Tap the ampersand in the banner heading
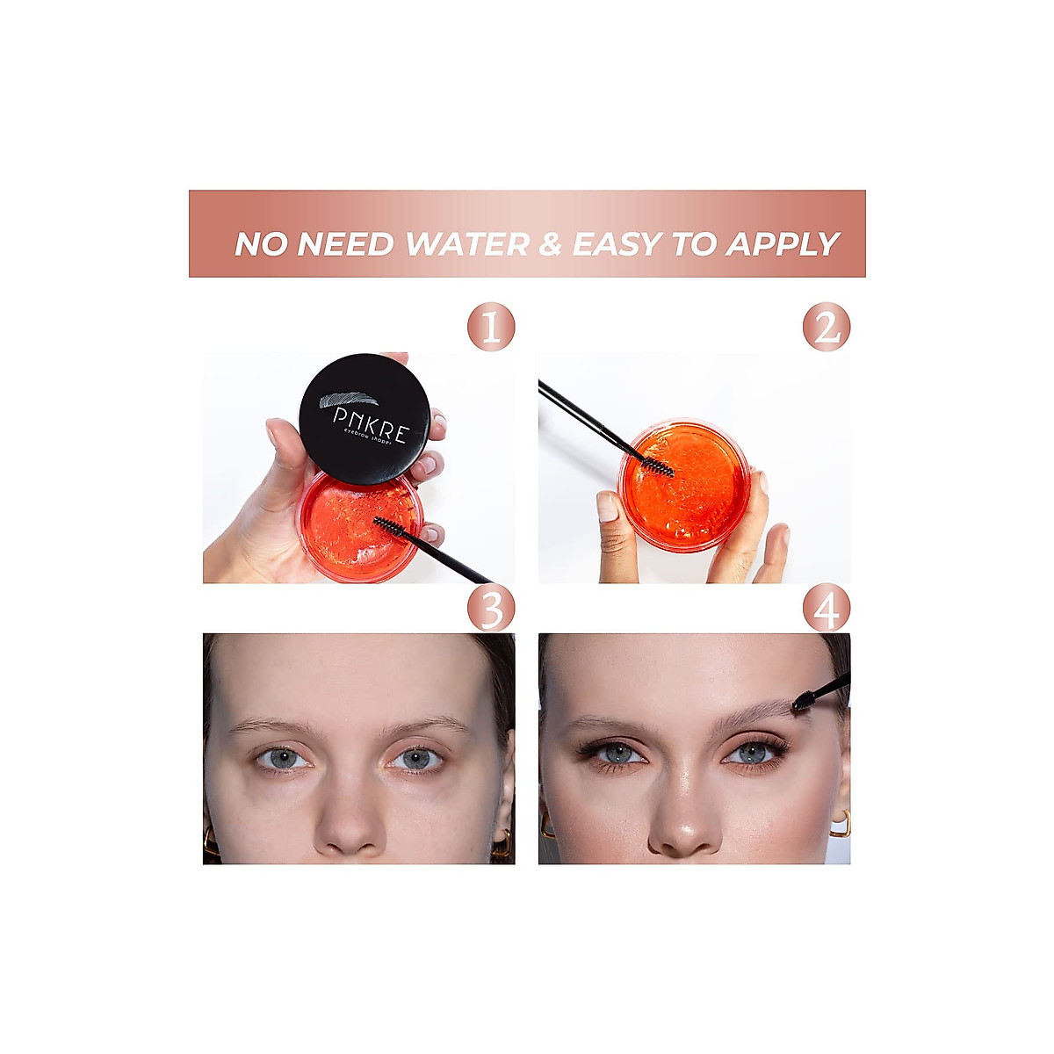pyautogui.click(x=550, y=244)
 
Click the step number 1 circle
pyautogui.click(x=491, y=328)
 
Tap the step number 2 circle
pyautogui.click(x=827, y=328)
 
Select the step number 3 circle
pyautogui.click(x=491, y=609)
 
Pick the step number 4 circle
pyautogui.click(x=827, y=609)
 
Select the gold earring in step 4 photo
pyautogui.click(x=840, y=823)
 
